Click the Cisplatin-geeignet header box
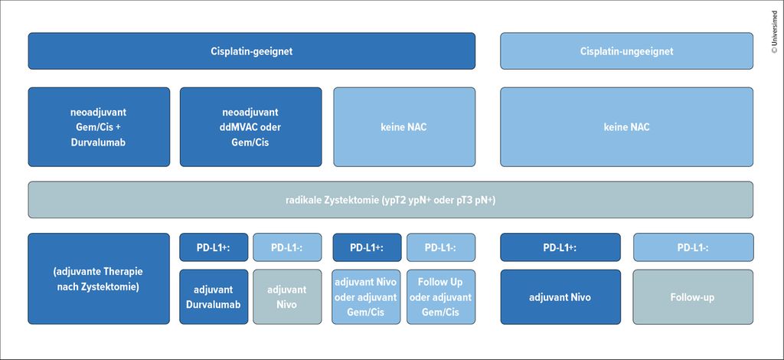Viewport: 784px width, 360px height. click(x=251, y=51)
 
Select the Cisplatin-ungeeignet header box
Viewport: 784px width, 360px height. click(x=626, y=51)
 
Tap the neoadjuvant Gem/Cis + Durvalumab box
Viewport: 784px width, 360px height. click(x=99, y=127)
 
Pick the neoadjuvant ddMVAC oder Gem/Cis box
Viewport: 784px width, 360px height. click(x=251, y=127)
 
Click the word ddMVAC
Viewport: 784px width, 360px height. click(x=237, y=127)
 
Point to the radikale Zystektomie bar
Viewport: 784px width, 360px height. click(x=390, y=200)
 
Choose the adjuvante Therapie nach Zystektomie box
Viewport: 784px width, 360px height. click(x=99, y=279)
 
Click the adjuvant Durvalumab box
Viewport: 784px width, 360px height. click(x=214, y=297)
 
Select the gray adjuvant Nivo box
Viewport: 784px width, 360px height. click(x=287, y=297)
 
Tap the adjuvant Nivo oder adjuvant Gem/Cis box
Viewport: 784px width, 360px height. click(x=366, y=297)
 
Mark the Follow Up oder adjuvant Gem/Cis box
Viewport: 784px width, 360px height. click(x=440, y=297)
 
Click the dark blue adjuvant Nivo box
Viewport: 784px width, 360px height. click(x=560, y=297)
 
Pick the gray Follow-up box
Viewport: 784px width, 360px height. click(x=693, y=297)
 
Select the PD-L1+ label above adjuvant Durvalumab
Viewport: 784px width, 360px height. click(x=214, y=247)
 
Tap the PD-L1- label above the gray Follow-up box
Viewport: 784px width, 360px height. click(x=693, y=247)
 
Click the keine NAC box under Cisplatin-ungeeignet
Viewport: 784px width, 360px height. click(x=626, y=127)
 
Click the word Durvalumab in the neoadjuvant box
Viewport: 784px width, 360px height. click(x=99, y=142)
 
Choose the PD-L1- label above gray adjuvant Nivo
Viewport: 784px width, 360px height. click(x=287, y=247)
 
